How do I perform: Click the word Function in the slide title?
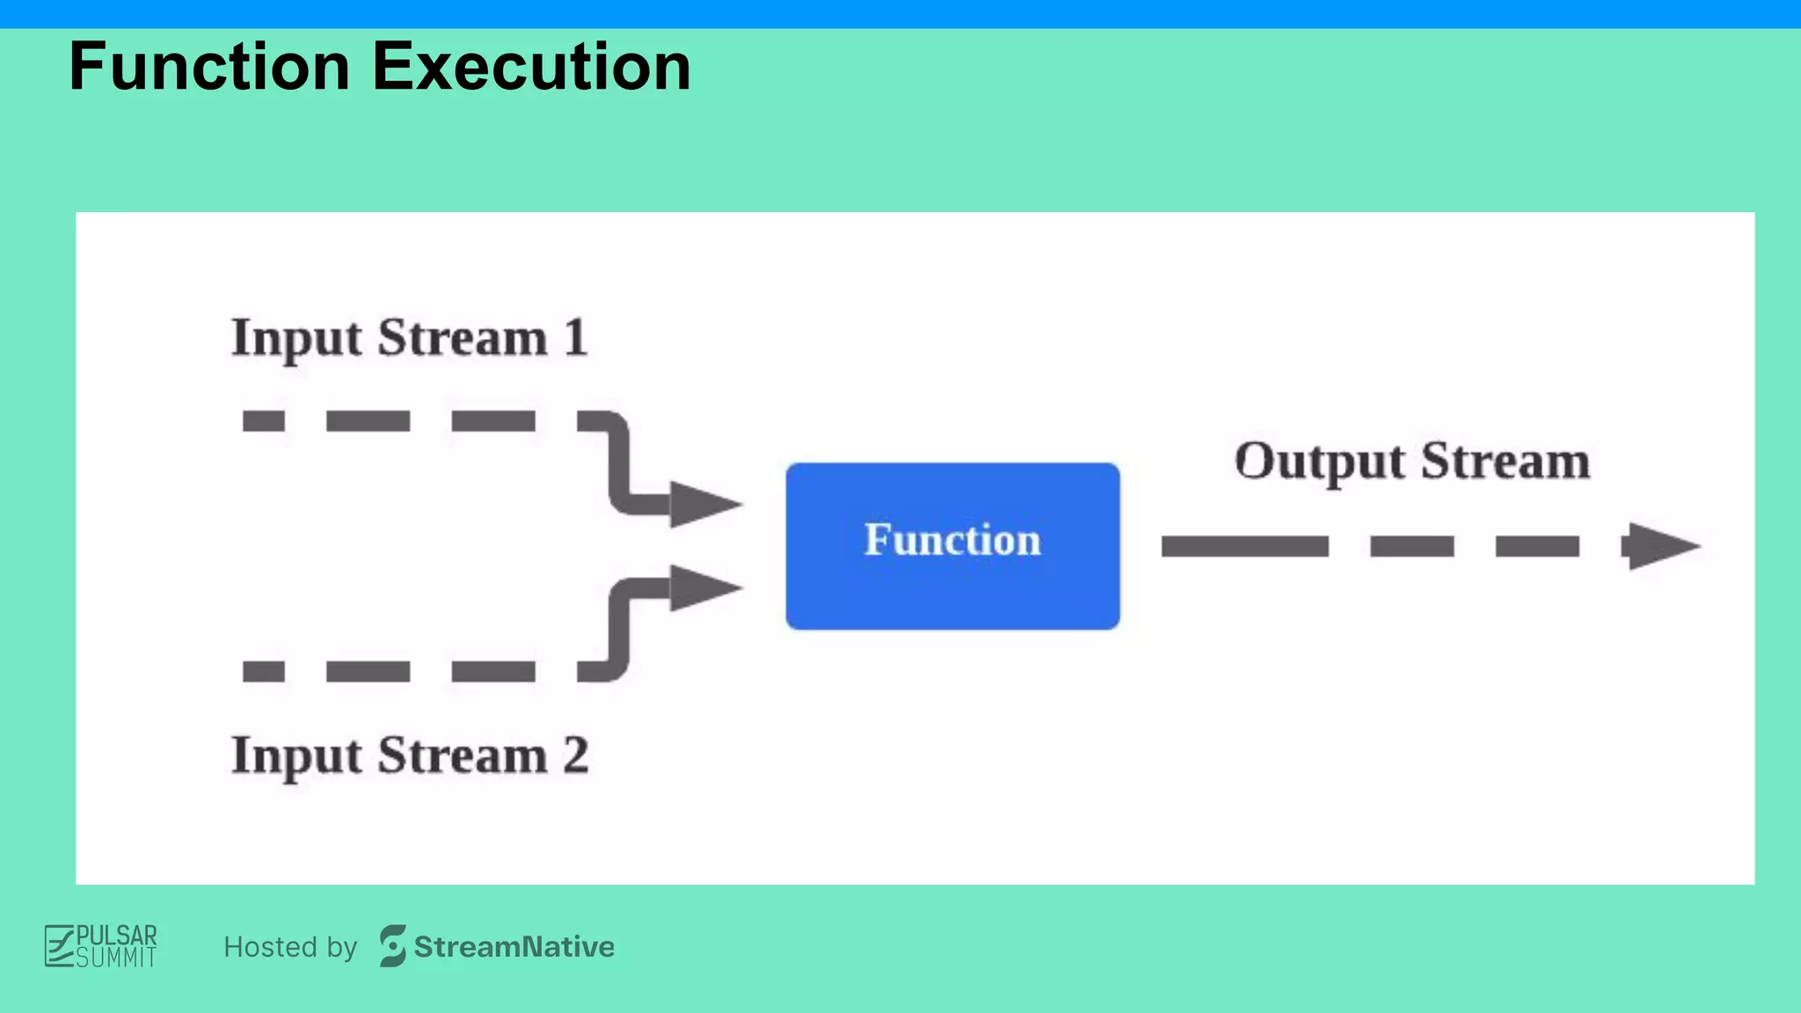(x=209, y=67)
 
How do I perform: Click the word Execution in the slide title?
(x=531, y=67)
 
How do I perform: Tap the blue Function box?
(x=952, y=545)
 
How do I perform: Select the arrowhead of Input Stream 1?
(x=704, y=504)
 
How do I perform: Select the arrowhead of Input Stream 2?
(x=704, y=587)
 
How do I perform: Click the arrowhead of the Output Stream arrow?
(x=1659, y=546)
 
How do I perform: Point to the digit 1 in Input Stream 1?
(x=576, y=338)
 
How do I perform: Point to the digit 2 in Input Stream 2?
(x=576, y=755)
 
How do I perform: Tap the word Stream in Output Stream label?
(x=1506, y=462)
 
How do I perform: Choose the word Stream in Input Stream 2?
(x=463, y=755)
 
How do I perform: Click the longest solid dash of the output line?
(x=1244, y=547)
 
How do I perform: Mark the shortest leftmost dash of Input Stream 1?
(x=264, y=421)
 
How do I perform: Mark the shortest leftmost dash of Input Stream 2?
(x=264, y=672)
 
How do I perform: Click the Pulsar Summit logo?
(x=101, y=946)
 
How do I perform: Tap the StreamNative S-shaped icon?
(x=392, y=946)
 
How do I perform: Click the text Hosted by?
(x=290, y=947)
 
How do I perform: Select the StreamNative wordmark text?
(x=514, y=947)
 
